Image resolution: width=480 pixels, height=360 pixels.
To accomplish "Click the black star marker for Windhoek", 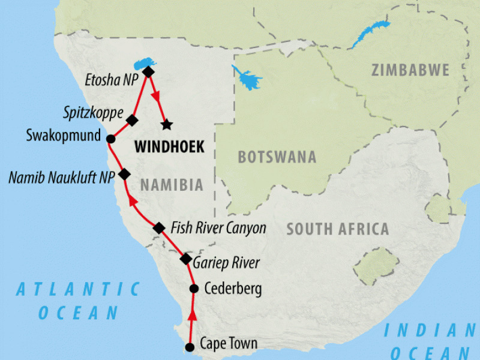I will pyautogui.click(x=167, y=124).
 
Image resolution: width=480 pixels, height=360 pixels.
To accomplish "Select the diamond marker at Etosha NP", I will pyautogui.click(x=148, y=72).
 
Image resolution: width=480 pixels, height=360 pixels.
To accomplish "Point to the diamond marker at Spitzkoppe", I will pyautogui.click(x=133, y=120).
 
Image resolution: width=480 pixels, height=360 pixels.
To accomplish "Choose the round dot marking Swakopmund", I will pyautogui.click(x=110, y=139).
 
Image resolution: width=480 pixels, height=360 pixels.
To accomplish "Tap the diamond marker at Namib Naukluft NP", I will pyautogui.click(x=124, y=174).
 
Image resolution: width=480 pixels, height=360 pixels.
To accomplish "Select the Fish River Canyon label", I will pyautogui.click(x=218, y=228).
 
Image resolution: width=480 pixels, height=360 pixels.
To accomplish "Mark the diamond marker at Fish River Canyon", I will pyautogui.click(x=159, y=228).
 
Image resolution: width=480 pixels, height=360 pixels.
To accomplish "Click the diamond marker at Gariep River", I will pyautogui.click(x=187, y=259).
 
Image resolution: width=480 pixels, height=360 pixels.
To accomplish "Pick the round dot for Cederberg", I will pyautogui.click(x=194, y=289).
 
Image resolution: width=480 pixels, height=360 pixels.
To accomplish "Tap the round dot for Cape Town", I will pyautogui.click(x=190, y=347).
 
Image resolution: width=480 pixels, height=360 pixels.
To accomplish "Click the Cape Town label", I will pyautogui.click(x=229, y=344).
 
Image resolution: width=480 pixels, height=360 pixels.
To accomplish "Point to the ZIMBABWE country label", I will pyautogui.click(x=410, y=70).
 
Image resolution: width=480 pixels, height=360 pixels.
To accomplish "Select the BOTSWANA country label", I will pyautogui.click(x=277, y=157).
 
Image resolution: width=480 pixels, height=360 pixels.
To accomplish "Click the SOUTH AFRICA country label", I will pyautogui.click(x=338, y=229).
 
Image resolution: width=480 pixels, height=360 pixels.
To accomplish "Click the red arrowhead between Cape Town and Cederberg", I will pyautogui.click(x=192, y=316).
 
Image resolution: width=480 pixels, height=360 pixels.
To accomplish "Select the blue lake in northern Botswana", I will pyautogui.click(x=246, y=78).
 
